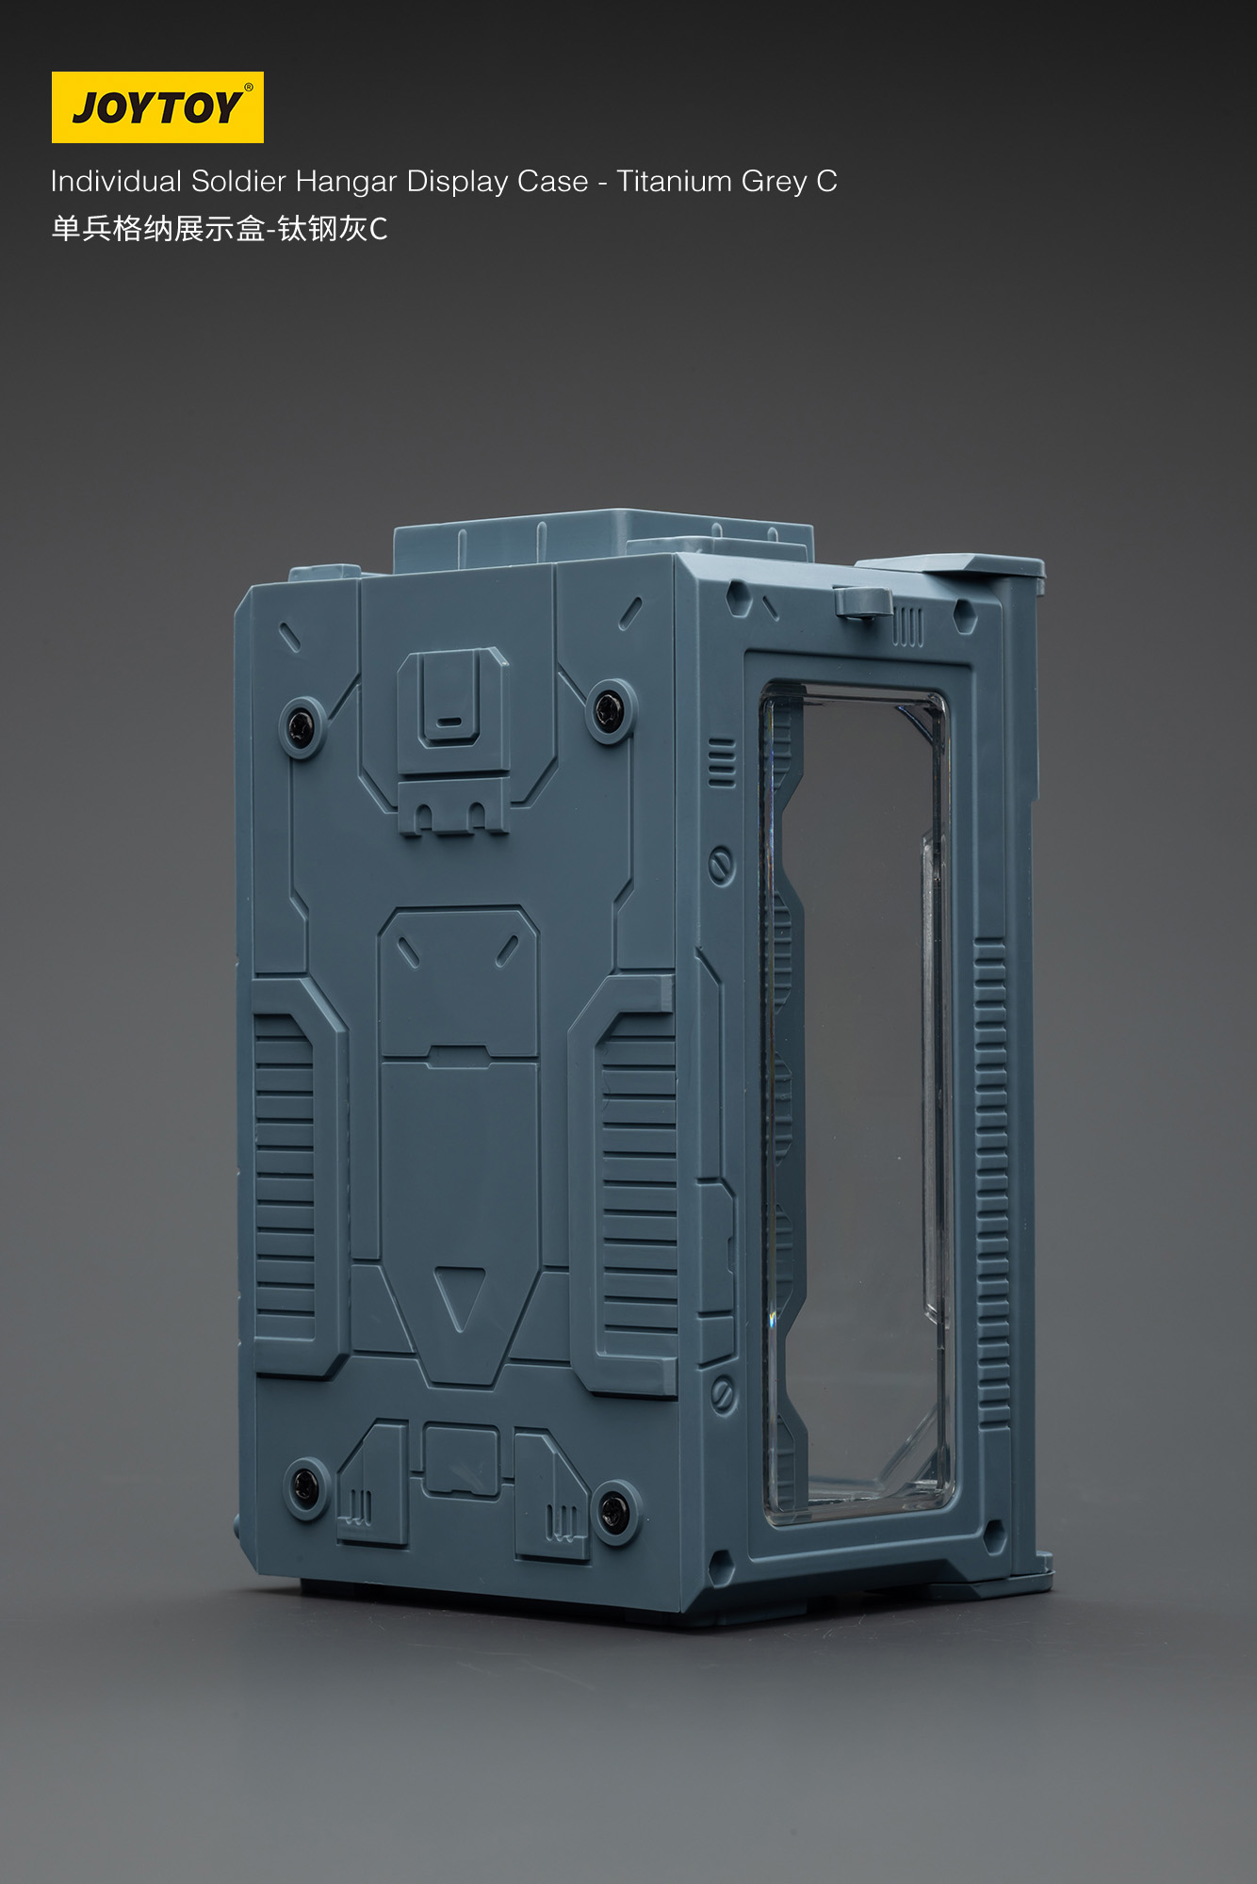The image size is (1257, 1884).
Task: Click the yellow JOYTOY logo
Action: [x=157, y=107]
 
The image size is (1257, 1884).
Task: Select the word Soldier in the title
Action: [x=238, y=181]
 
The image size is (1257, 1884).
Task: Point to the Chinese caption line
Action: [x=219, y=229]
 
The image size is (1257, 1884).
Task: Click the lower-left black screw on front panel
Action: [x=305, y=1486]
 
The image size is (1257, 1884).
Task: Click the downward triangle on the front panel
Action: [x=460, y=1294]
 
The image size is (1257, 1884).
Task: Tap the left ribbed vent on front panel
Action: [x=285, y=1177]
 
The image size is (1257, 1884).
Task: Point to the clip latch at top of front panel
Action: [x=452, y=702]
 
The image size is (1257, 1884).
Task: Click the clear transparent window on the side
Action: [x=857, y=1093]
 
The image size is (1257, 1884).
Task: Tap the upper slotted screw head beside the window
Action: [x=722, y=864]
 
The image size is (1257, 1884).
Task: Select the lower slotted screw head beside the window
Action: [x=723, y=1393]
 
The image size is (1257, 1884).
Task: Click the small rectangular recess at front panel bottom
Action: [x=461, y=1458]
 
